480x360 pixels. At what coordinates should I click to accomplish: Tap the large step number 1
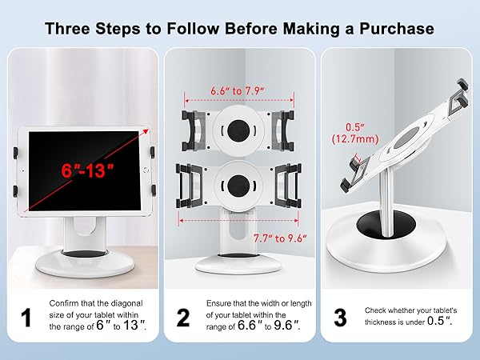click(26, 318)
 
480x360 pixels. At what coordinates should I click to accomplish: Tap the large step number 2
click(183, 318)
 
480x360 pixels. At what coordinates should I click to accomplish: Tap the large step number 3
click(340, 318)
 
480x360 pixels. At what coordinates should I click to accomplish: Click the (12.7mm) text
click(352, 140)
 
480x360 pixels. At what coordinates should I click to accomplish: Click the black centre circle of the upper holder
click(238, 129)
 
